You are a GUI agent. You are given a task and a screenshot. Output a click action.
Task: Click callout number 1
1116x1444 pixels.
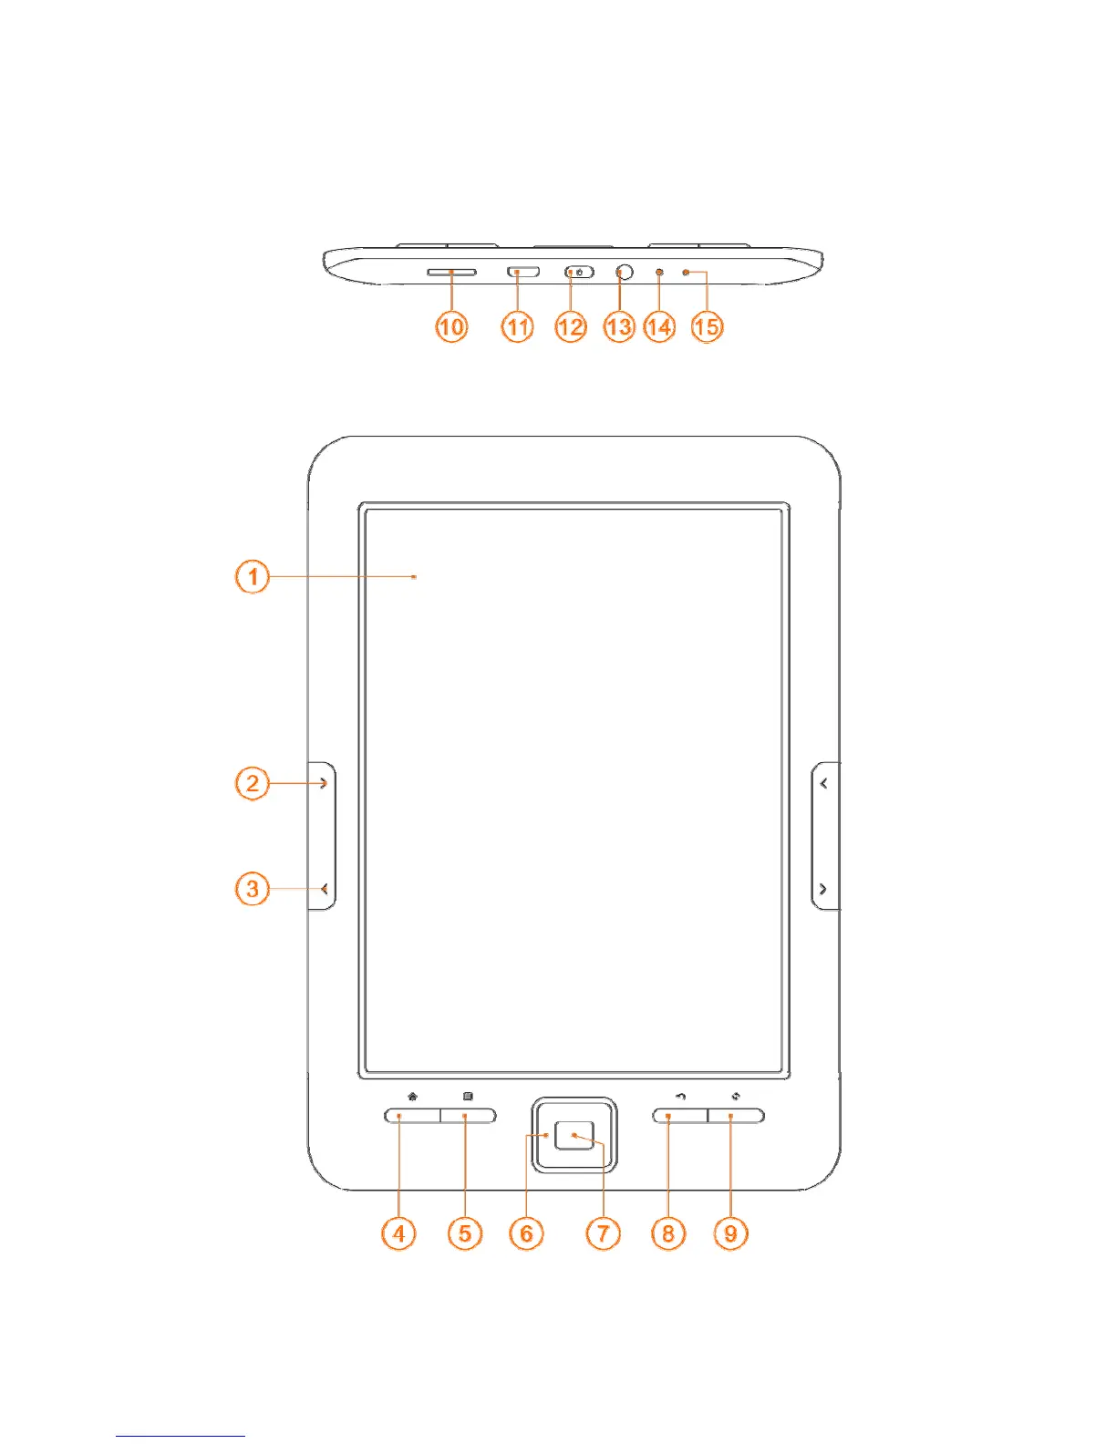pyautogui.click(x=253, y=577)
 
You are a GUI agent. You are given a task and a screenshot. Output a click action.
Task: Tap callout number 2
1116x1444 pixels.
pyautogui.click(x=253, y=783)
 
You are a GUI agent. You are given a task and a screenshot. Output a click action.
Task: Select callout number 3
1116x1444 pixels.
pyautogui.click(x=253, y=889)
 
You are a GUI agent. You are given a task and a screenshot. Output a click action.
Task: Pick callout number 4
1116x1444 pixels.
pyautogui.click(x=398, y=1233)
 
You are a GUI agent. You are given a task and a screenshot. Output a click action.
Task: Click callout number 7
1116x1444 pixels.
pyautogui.click(x=603, y=1233)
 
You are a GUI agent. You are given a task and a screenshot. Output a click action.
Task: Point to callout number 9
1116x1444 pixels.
pyautogui.click(x=730, y=1233)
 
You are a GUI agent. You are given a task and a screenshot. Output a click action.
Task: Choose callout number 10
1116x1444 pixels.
pyautogui.click(x=451, y=326)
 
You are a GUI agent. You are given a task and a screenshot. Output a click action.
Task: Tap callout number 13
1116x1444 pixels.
pyautogui.click(x=619, y=326)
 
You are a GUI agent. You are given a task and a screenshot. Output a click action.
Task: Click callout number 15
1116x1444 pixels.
pyautogui.click(x=707, y=326)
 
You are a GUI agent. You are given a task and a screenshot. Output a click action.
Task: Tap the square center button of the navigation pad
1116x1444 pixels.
pyautogui.click(x=574, y=1135)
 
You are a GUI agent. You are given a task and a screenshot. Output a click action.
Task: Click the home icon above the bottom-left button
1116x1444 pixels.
pyautogui.click(x=413, y=1097)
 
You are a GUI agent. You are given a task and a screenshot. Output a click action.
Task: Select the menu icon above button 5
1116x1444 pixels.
pyautogui.click(x=468, y=1097)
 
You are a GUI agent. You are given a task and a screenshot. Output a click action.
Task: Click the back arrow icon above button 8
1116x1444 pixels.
pyautogui.click(x=680, y=1097)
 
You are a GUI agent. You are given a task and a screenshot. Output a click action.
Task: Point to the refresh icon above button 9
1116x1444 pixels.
pyautogui.click(x=736, y=1097)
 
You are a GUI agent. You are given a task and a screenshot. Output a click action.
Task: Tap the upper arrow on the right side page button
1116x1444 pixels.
pyautogui.click(x=824, y=783)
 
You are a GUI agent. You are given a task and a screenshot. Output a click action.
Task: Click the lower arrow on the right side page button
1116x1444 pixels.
pyautogui.click(x=824, y=889)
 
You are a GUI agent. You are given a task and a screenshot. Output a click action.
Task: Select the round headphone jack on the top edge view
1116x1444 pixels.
pyautogui.click(x=625, y=272)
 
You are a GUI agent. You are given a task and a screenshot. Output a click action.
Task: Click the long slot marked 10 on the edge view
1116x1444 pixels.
pyautogui.click(x=451, y=272)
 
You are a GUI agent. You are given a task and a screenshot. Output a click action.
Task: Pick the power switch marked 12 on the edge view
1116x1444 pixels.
pyautogui.click(x=579, y=272)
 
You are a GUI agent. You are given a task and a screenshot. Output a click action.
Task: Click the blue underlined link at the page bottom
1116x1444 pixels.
pyautogui.click(x=181, y=1435)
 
